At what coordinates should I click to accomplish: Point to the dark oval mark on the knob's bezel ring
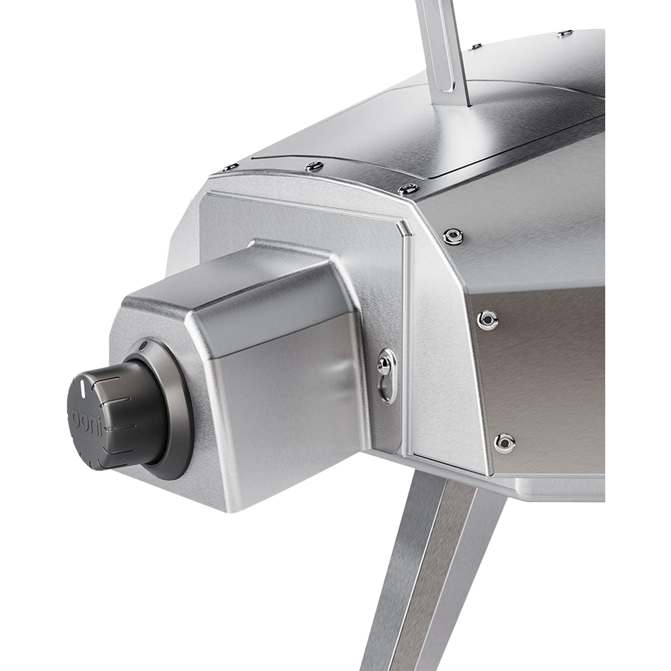pyautogui.click(x=144, y=345)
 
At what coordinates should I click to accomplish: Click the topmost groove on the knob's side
pyautogui.click(x=106, y=378)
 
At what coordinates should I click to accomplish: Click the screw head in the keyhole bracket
pyautogui.click(x=382, y=364)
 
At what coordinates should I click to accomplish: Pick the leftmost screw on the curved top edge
pyautogui.click(x=231, y=167)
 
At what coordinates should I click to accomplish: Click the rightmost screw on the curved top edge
pyautogui.click(x=409, y=187)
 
